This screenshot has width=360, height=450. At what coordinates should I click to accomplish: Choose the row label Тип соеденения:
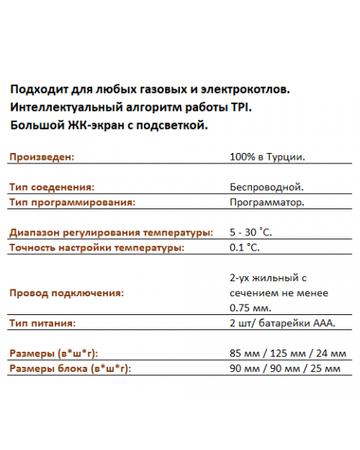[52, 187]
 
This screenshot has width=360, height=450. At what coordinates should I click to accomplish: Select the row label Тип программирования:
[72, 202]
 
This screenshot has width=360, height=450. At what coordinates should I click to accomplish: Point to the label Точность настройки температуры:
[97, 247]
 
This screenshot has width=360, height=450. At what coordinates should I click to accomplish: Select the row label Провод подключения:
[66, 292]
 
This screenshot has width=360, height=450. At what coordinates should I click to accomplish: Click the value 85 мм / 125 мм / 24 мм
[287, 353]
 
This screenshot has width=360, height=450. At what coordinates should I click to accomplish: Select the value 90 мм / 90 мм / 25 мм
[285, 368]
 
